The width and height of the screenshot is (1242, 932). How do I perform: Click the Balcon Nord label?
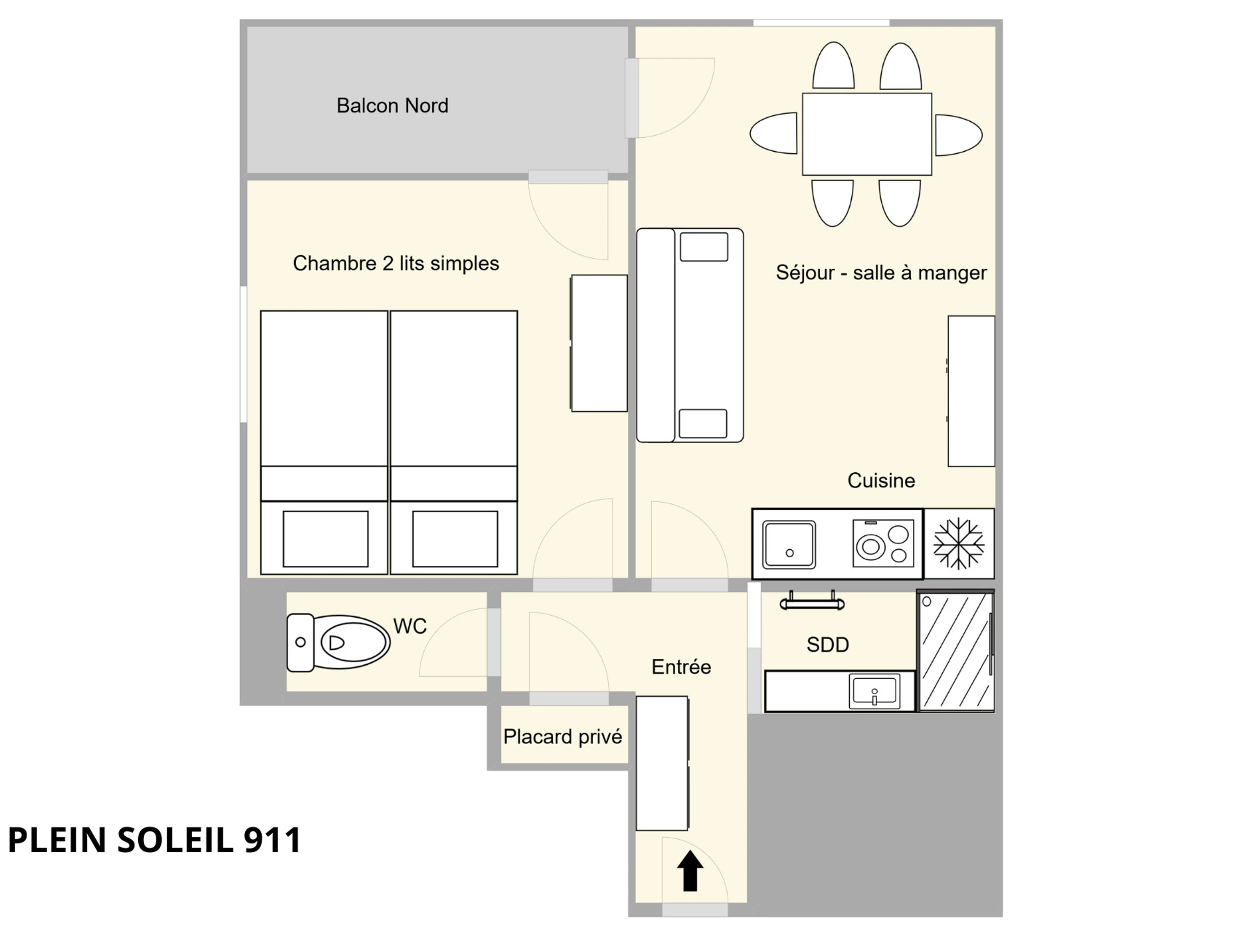[392, 106]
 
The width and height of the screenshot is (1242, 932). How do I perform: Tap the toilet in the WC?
[338, 642]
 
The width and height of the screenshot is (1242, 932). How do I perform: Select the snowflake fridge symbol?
[958, 543]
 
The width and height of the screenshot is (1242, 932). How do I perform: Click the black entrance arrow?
[690, 870]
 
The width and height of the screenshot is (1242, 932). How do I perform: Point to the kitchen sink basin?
[789, 544]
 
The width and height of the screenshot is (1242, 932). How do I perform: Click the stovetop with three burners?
[883, 543]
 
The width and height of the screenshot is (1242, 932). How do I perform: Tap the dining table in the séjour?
[867, 134]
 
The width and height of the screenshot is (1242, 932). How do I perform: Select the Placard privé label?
[563, 736]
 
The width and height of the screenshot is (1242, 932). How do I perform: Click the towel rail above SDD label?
[812, 602]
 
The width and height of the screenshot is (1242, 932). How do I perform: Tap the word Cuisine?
[881, 480]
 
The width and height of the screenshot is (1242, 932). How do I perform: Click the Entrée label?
[681, 667]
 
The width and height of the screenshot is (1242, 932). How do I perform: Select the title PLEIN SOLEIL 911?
[154, 840]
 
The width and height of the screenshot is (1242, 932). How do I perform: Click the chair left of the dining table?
[773, 133]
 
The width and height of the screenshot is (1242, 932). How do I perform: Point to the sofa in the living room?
[689, 335]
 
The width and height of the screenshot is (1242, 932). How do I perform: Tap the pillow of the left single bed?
[326, 539]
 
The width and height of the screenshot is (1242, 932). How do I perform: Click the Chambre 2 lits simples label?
[396, 264]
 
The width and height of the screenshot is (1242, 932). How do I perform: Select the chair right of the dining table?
[959, 135]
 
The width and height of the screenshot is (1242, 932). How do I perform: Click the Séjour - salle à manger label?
[881, 272]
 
